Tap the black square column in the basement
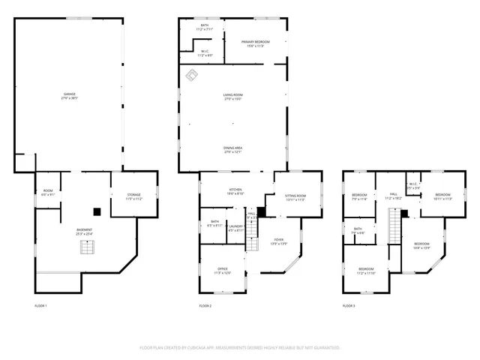tap(96, 211)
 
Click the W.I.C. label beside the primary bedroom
tap(205, 53)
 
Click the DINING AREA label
tap(232, 150)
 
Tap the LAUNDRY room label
tap(236, 228)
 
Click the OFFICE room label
tap(223, 271)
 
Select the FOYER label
tap(278, 242)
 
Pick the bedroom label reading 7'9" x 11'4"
tap(359, 197)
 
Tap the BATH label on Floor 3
tap(358, 231)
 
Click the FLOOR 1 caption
tap(41, 306)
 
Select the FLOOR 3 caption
tap(349, 306)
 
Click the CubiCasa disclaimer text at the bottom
tap(240, 347)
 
